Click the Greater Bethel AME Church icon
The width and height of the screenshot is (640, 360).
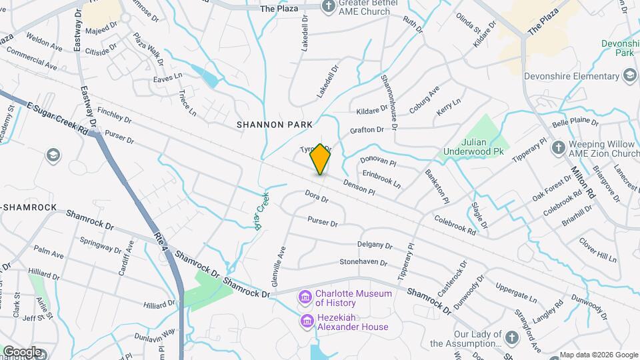(328, 6)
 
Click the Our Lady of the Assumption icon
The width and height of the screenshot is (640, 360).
(512, 338)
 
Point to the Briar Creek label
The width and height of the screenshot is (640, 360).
(263, 211)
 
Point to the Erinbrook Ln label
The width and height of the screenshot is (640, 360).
(381, 178)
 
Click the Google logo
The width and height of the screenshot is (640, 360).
(22, 351)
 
